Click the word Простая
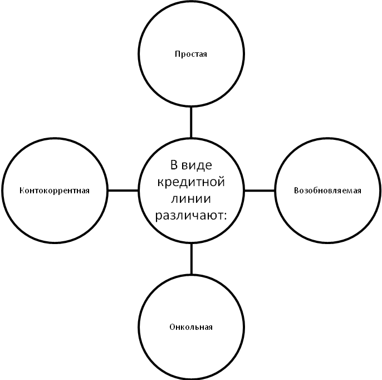coord(191,54)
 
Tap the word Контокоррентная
coord(54,191)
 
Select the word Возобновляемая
coord(327,191)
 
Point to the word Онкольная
coord(191,327)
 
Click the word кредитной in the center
coord(191,182)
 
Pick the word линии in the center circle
coord(191,198)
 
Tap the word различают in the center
coord(188,215)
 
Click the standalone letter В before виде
coord(174,165)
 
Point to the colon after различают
coord(226,216)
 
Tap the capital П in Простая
coord(177,54)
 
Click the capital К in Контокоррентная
coord(21,191)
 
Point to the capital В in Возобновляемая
coord(296,191)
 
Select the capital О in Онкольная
coord(172,327)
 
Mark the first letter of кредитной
coord(160,183)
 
